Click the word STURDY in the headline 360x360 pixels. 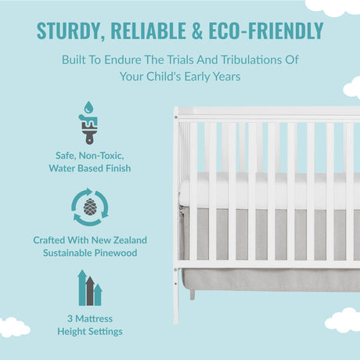[x=69, y=31]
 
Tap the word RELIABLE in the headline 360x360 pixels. [x=148, y=31]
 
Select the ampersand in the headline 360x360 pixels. [x=197, y=31]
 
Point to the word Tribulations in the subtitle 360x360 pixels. [x=251, y=59]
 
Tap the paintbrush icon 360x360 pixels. [x=88, y=129]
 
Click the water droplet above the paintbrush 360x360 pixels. [x=88, y=107]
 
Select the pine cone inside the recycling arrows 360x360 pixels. [x=90, y=207]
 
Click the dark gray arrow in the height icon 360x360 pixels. [x=90, y=291]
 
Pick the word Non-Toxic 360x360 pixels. [x=101, y=156]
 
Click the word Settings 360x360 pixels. [x=106, y=332]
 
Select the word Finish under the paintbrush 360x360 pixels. [x=118, y=168]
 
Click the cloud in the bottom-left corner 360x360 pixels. [x=13, y=326]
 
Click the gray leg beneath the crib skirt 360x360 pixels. [x=193, y=294]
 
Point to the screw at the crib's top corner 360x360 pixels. [x=176, y=117]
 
